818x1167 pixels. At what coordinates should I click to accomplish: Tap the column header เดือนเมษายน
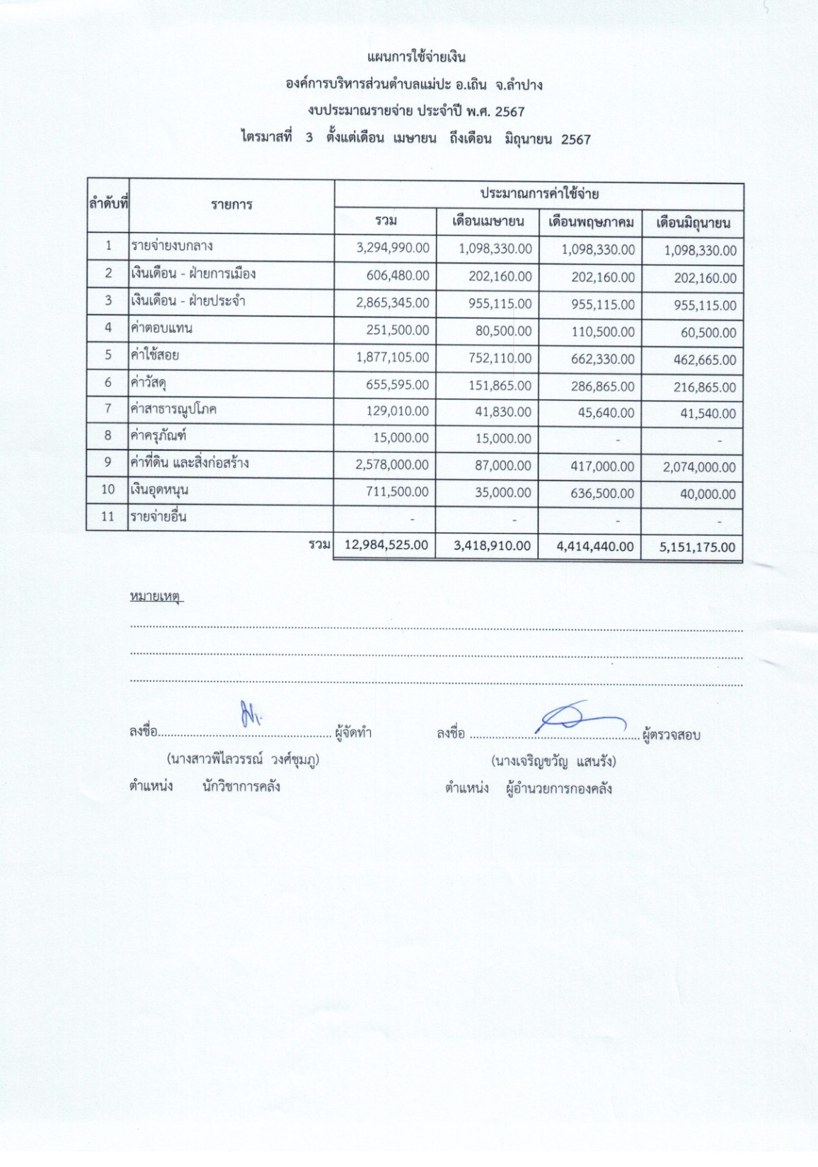click(x=488, y=222)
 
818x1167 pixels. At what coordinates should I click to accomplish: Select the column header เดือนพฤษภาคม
click(x=591, y=222)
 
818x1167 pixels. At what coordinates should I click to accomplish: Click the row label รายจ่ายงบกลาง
click(x=171, y=246)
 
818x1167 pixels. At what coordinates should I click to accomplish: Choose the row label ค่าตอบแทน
click(x=161, y=328)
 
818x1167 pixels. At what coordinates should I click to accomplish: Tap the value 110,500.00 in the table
click(x=603, y=332)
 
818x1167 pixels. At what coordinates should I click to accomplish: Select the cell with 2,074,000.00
click(x=699, y=467)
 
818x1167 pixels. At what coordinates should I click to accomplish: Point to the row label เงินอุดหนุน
click(x=159, y=489)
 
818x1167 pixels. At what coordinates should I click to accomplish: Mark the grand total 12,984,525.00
click(x=386, y=545)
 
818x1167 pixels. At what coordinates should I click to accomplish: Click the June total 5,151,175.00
click(x=697, y=547)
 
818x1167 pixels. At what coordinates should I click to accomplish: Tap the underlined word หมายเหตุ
click(x=156, y=597)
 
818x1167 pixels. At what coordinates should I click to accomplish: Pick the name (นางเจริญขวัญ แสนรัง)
click(x=553, y=761)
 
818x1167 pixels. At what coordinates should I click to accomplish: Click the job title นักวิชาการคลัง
click(x=241, y=786)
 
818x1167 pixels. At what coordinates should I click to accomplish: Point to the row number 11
click(x=108, y=517)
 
